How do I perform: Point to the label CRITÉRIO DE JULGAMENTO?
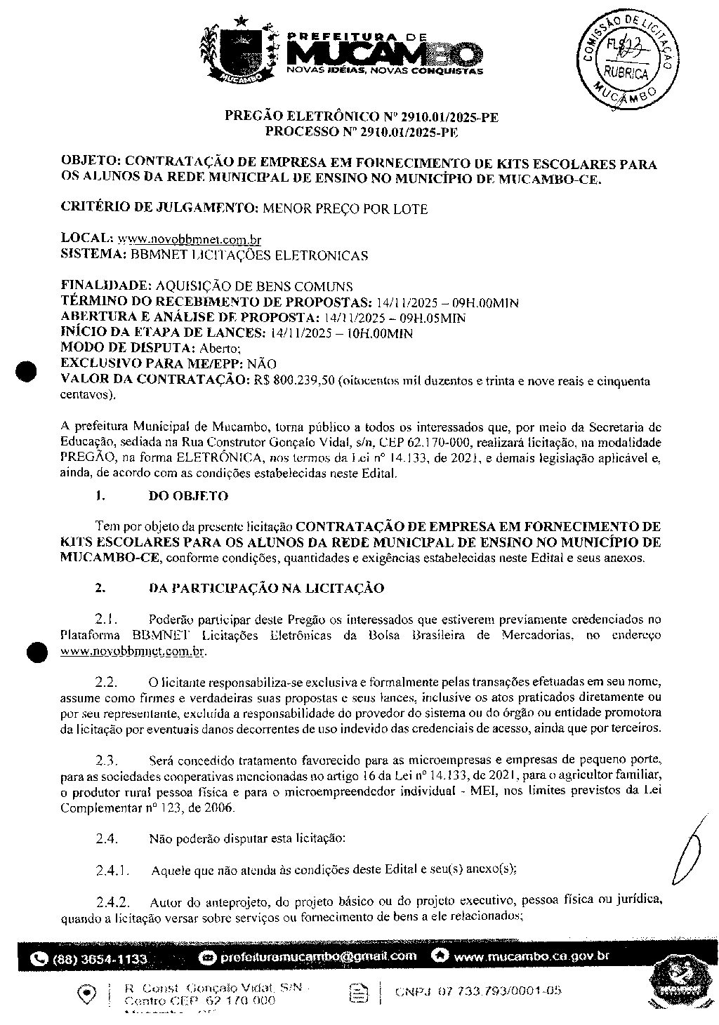coord(159,208)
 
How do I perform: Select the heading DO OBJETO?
coord(188,496)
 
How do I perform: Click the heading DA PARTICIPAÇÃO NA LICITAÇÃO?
coord(266,588)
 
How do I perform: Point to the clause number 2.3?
coord(106,760)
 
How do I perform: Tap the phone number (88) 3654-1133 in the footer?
coord(98,959)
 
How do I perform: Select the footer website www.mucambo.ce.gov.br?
coord(531,956)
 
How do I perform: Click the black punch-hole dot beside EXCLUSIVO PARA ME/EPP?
coord(27,371)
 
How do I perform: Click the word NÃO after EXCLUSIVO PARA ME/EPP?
coord(262,364)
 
